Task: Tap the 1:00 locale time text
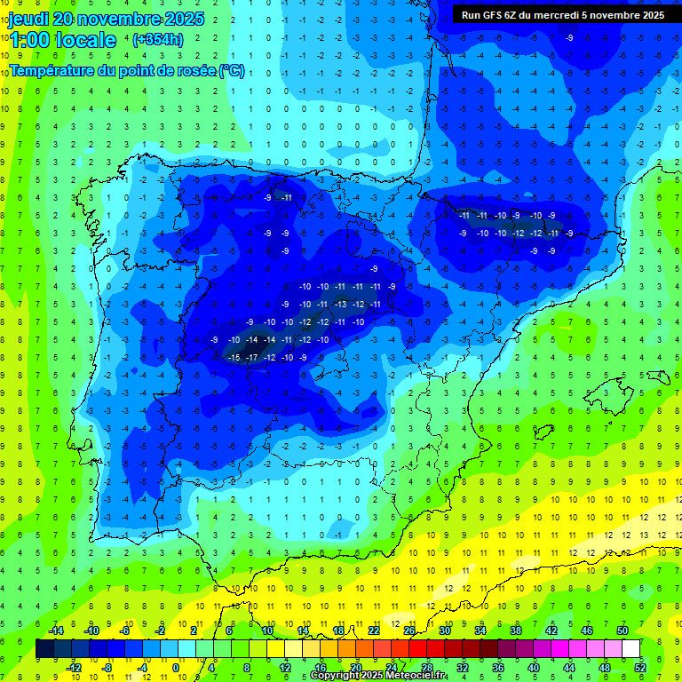[63, 40]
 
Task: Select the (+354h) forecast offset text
[157, 40]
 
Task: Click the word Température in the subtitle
[54, 71]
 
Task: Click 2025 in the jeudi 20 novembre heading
[184, 19]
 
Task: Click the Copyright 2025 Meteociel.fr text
[377, 676]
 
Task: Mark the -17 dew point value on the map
[252, 357]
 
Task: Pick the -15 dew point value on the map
[234, 357]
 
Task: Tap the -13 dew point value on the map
[340, 304]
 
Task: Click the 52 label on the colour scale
[640, 667]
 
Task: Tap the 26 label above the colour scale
[409, 630]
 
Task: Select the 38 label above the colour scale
[516, 630]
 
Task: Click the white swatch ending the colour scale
[631, 648]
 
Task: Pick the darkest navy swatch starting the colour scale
[44, 648]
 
